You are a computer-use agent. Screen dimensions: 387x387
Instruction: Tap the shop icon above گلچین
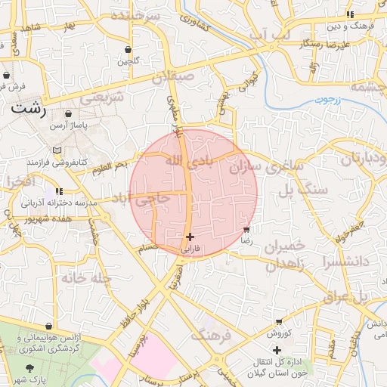pos(127,51)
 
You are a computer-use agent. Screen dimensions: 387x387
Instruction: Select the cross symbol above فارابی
pos(190,237)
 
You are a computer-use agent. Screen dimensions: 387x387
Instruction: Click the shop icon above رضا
pos(246,229)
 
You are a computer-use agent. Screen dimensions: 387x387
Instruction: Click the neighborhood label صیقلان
pos(173,77)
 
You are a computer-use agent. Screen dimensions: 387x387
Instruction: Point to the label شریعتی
pos(102,98)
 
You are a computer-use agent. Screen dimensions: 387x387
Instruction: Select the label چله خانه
pos(87,278)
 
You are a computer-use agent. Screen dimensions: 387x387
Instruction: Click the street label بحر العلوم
pos(116,166)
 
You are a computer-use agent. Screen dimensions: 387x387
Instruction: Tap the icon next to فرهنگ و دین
pos(349,14)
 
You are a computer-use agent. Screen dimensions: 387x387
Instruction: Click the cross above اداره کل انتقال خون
pos(277,350)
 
